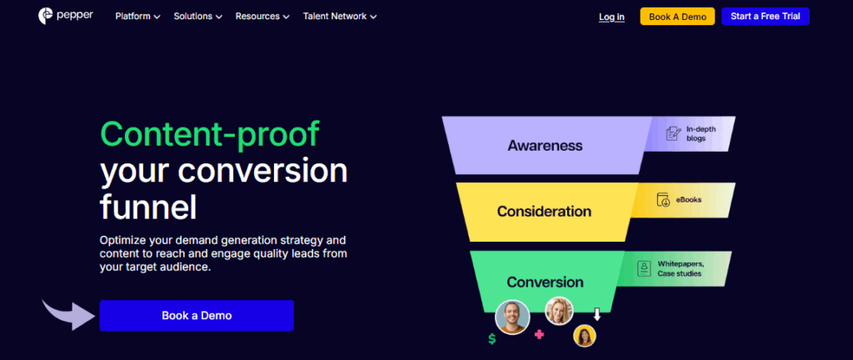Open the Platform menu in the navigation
tap(137, 17)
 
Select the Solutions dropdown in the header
tap(198, 17)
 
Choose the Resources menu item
tap(262, 17)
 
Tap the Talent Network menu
tap(339, 17)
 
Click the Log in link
tap(611, 17)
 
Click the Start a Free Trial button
tap(765, 17)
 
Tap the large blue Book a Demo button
tap(197, 316)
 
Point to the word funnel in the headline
tap(148, 205)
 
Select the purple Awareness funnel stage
tap(545, 146)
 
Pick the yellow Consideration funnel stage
tap(544, 212)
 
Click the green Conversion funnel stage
tap(545, 282)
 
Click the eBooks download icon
tap(664, 200)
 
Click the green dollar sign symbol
tap(492, 339)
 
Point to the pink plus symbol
tap(539, 335)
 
